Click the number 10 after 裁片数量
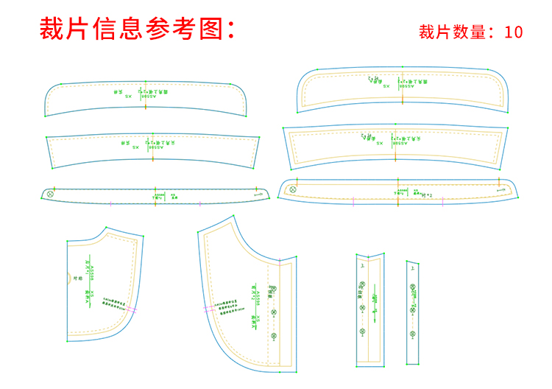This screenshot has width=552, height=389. point(514,32)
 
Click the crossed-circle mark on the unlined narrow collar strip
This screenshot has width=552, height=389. point(50,194)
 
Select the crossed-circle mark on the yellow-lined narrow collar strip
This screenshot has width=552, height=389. point(292,189)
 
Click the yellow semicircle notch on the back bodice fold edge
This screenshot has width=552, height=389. point(69,278)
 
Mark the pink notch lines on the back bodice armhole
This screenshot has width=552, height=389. point(132,310)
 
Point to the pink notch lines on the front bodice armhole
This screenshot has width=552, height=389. point(208,310)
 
